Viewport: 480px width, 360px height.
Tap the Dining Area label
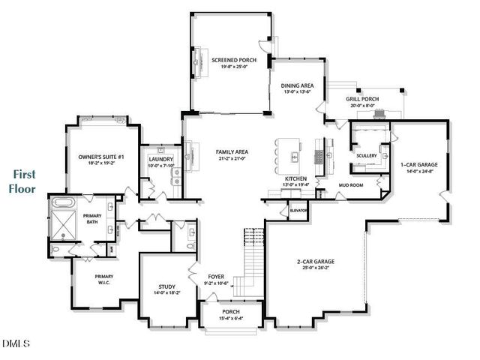coord(297,85)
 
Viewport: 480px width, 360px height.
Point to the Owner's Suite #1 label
coord(100,157)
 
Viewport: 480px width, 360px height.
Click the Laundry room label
coord(161,159)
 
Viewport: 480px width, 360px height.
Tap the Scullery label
coord(367,155)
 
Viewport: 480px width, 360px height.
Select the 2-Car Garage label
coord(316,262)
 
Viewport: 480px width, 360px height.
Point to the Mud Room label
coord(350,183)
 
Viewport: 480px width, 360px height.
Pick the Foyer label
coord(215,276)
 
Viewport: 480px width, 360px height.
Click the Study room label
coord(166,286)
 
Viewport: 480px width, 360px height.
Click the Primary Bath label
coord(92,218)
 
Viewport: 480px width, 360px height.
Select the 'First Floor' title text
coord(22,181)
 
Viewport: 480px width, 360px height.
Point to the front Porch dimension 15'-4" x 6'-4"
coord(231,319)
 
